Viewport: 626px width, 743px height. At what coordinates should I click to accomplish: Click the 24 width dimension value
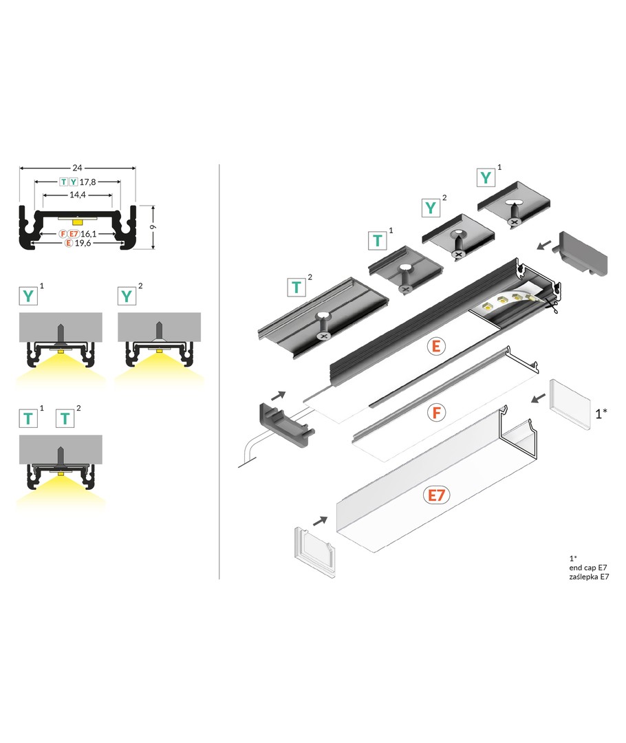pos(77,168)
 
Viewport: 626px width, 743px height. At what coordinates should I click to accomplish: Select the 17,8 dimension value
pos(87,182)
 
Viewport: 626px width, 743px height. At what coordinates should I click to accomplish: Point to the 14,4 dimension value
pos(77,195)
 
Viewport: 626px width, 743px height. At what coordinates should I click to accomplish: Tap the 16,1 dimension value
pos(89,234)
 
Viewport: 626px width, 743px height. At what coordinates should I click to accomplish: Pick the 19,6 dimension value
pos(83,243)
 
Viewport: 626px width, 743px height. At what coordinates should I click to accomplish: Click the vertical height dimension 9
pos(153,227)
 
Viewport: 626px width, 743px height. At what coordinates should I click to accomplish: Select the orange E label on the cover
pos(436,346)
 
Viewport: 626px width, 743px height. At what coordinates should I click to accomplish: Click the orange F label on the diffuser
pos(436,413)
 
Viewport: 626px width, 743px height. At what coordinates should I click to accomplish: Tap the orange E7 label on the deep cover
pos(436,495)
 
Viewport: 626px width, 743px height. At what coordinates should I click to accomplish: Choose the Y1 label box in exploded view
pos(486,177)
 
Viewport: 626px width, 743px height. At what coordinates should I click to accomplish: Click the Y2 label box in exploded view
pos(431,208)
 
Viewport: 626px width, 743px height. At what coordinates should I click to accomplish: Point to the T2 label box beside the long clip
pos(296,287)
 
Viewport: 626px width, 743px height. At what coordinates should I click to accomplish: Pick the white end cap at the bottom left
pos(314,552)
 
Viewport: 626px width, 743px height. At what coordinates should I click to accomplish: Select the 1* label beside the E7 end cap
pos(601,413)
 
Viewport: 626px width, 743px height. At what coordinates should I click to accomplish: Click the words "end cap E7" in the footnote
pos(588,568)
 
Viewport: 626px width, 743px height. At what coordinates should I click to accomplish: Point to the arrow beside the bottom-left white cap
pos(321,520)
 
